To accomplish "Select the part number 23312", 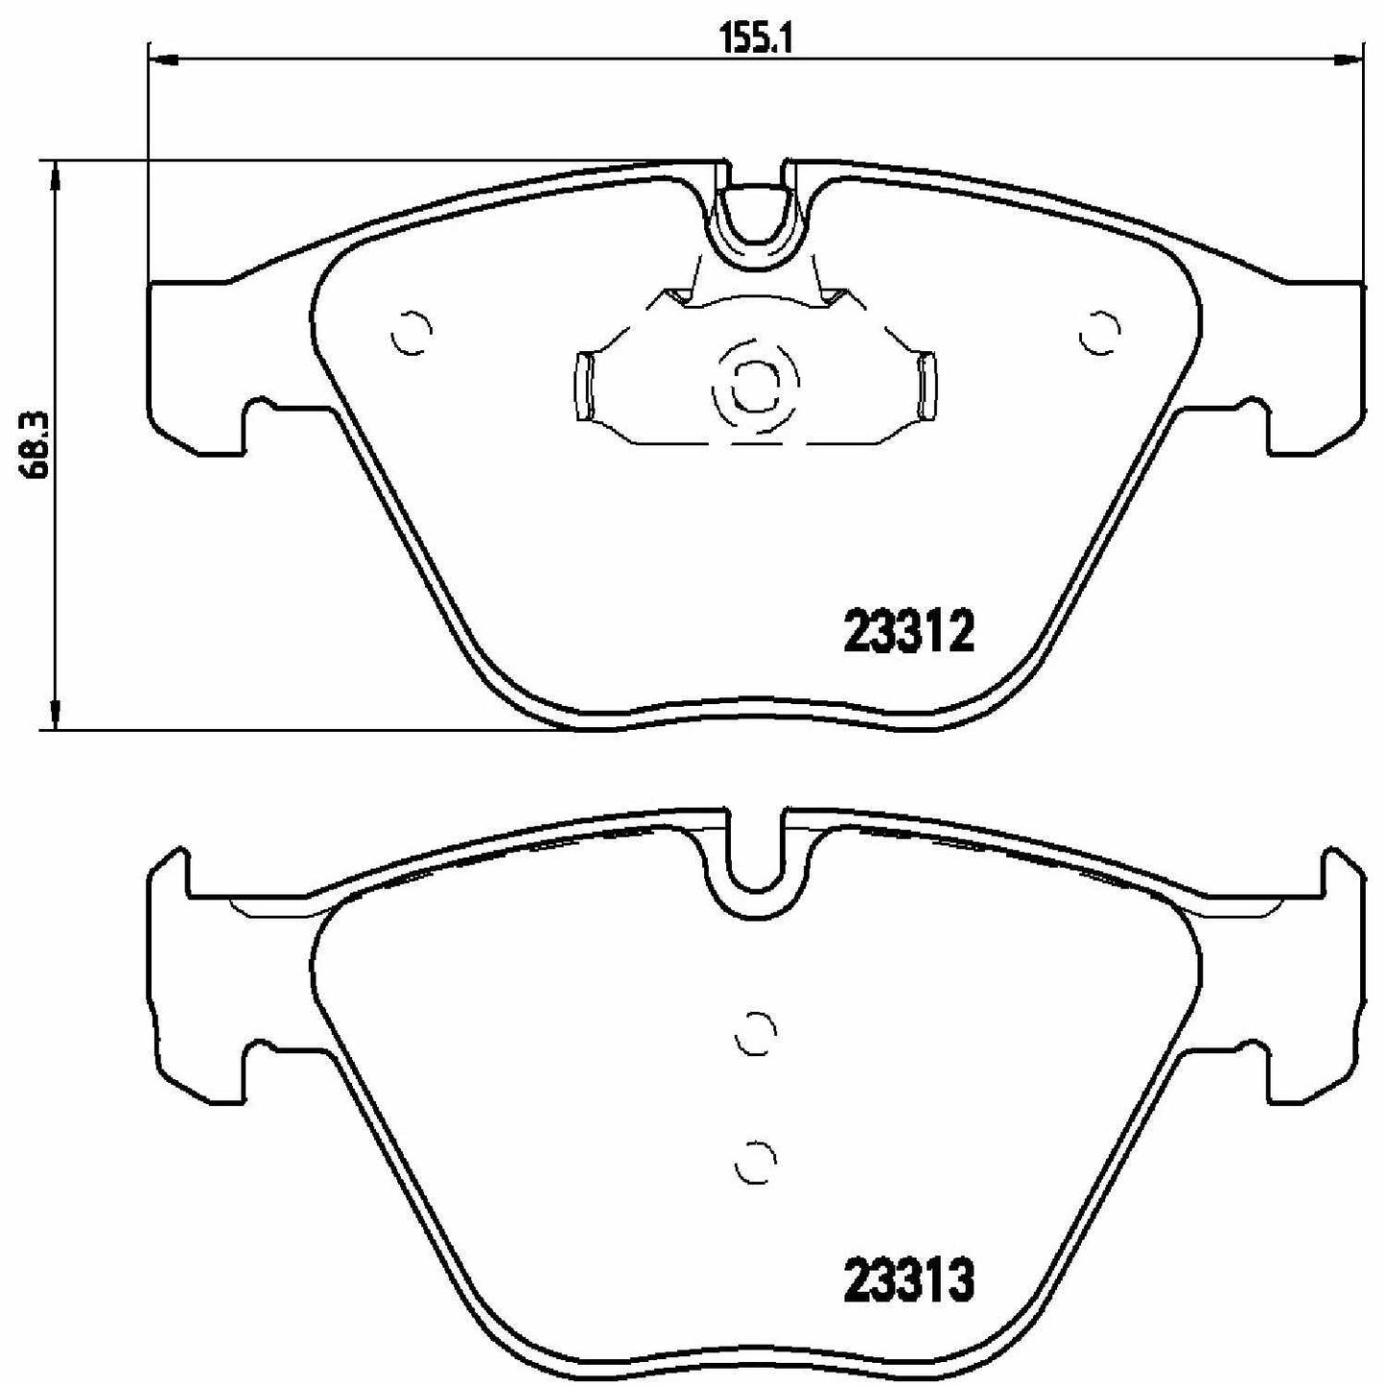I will [x=908, y=633].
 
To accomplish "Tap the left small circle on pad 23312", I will [x=412, y=335].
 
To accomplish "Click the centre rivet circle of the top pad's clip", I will [x=755, y=386].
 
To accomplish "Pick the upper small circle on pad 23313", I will [x=756, y=1034].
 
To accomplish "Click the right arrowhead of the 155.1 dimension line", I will [x=1348, y=60].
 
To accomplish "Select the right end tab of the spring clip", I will [x=926, y=386].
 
